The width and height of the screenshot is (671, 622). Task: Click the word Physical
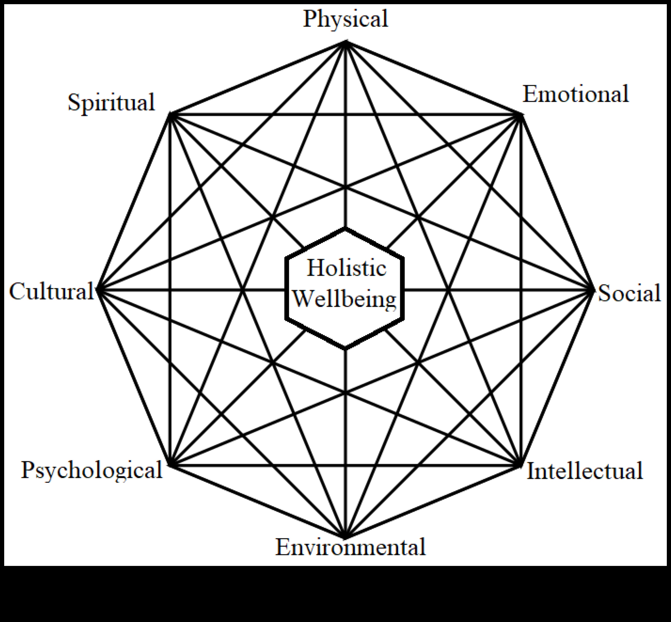346,19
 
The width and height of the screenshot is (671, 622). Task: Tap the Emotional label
575,94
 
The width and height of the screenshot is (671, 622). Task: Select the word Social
629,293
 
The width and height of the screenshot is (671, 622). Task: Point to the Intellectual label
585,470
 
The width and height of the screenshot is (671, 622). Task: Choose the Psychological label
92,470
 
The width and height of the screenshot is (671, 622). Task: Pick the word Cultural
51,292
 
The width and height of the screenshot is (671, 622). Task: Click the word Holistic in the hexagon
346,269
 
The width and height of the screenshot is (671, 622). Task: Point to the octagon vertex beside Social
594,290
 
